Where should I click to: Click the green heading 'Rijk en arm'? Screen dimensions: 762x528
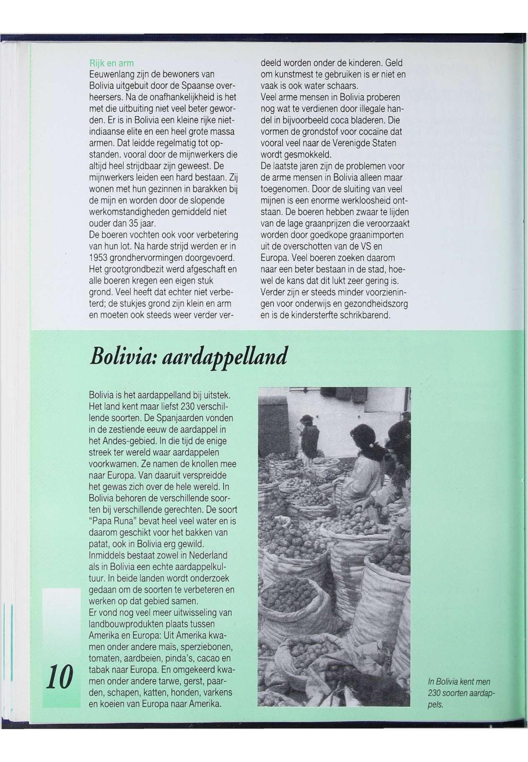tap(112, 63)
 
